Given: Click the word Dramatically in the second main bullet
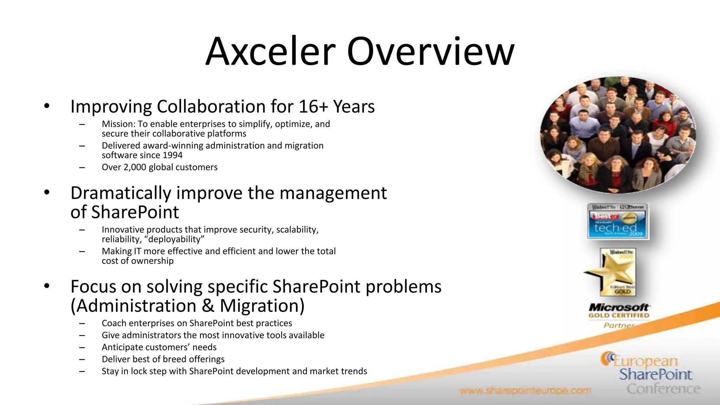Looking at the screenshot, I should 121,193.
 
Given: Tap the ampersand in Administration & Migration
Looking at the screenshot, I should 208,306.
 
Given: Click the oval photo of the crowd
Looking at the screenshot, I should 618,135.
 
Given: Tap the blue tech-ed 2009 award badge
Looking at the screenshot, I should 618,221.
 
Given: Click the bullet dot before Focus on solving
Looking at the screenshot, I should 47,286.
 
